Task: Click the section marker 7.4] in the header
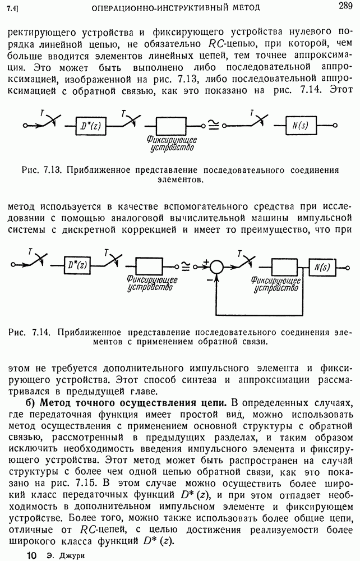pyautogui.click(x=12, y=8)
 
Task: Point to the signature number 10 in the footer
pyautogui.click(x=31, y=554)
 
